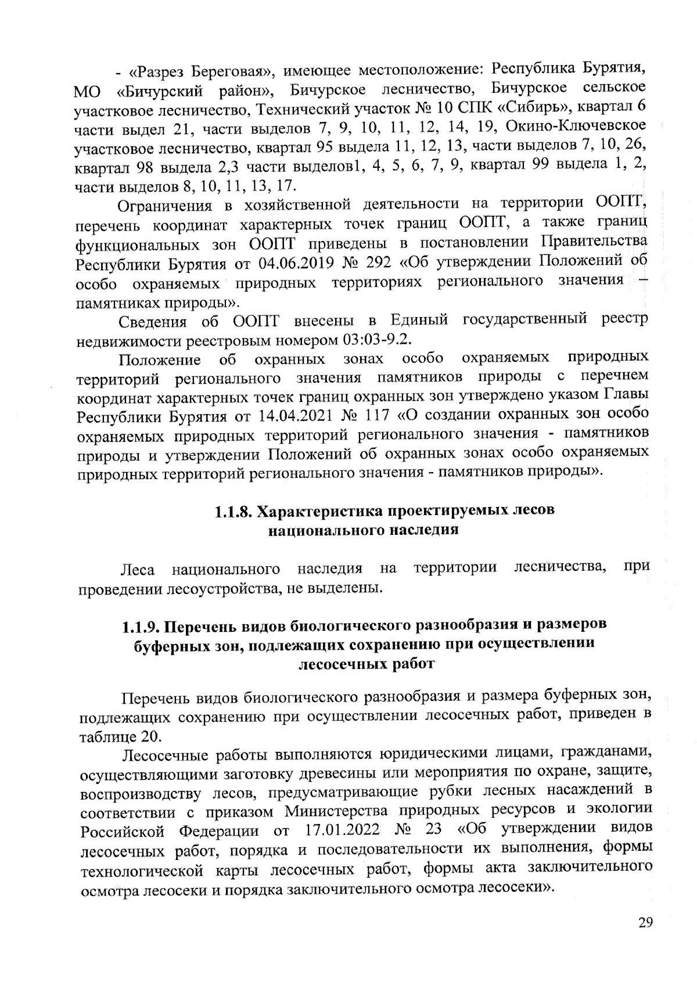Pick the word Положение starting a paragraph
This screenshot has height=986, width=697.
(x=160, y=360)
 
